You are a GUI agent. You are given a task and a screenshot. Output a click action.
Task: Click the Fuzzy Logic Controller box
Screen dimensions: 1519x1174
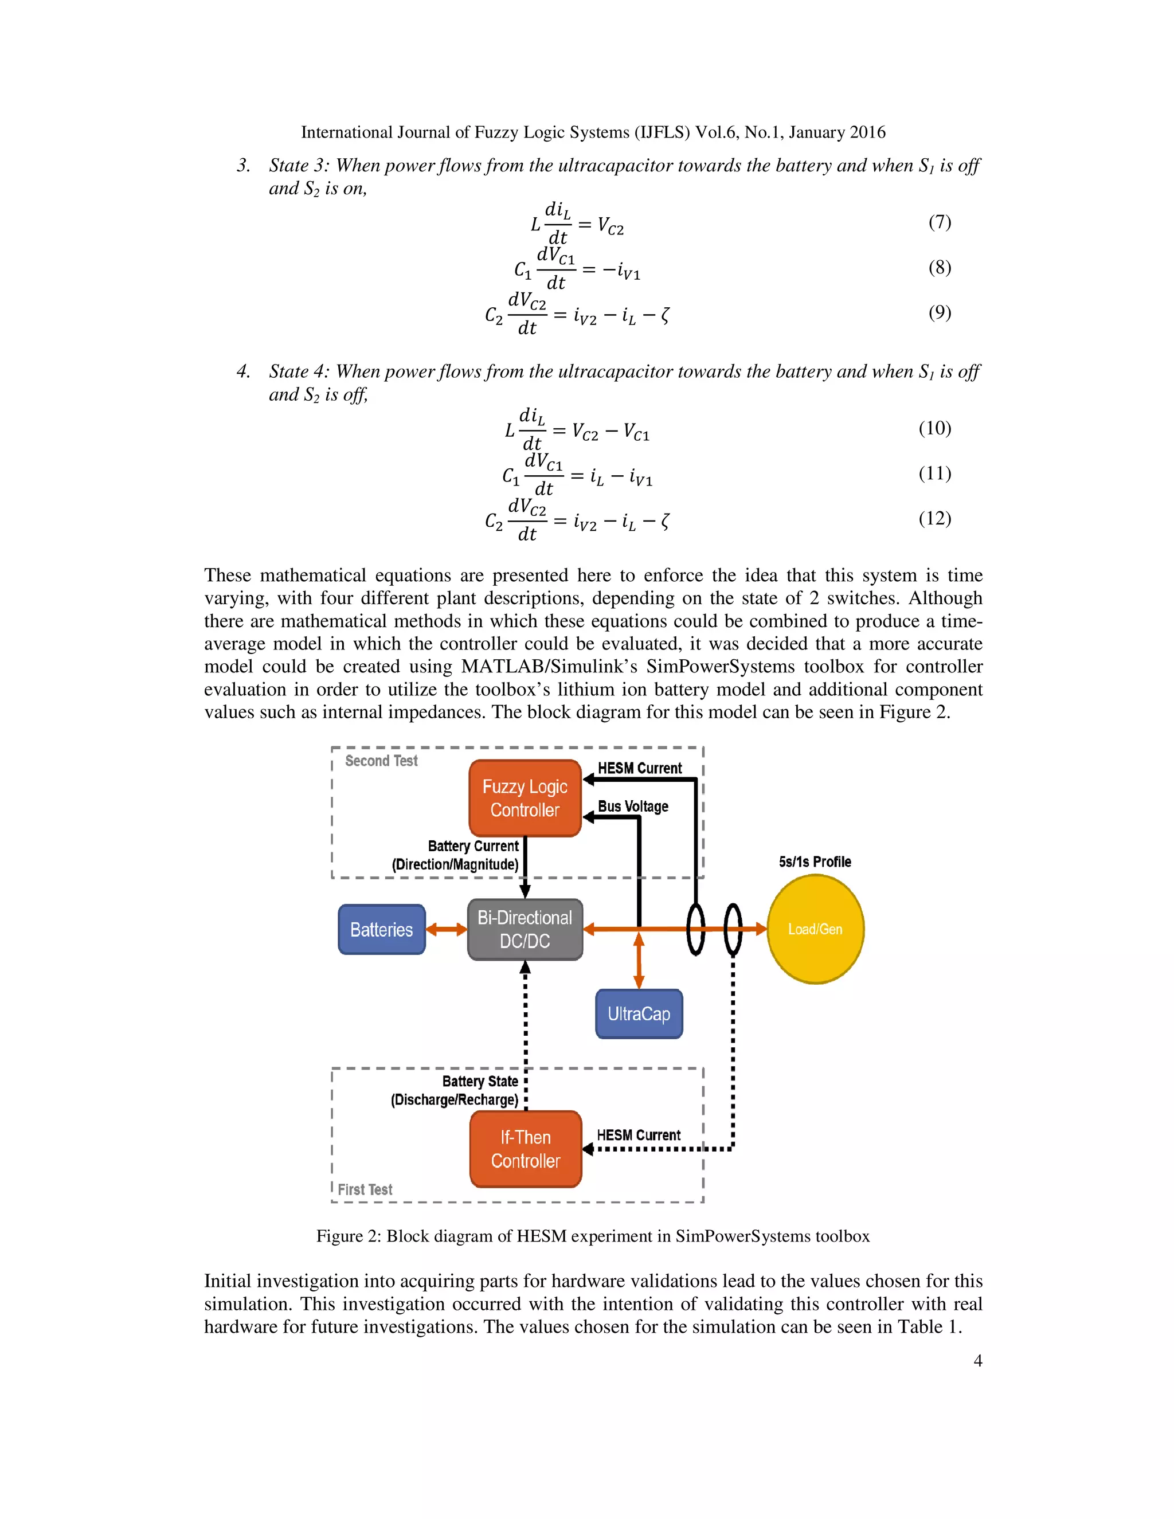(x=525, y=798)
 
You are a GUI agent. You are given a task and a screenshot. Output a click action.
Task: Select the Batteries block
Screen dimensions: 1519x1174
(x=381, y=929)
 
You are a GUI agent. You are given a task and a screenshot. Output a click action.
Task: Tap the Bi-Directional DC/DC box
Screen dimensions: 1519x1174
(x=525, y=929)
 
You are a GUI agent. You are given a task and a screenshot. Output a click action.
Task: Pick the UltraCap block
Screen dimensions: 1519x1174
(x=639, y=1013)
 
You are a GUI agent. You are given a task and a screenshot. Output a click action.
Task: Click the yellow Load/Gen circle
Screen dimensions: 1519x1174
(x=815, y=929)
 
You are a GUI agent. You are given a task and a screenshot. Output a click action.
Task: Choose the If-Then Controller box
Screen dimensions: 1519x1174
(x=525, y=1148)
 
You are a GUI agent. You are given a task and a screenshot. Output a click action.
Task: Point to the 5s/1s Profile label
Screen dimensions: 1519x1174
(x=815, y=862)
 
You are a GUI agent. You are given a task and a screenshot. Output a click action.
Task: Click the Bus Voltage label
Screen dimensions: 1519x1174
(x=633, y=806)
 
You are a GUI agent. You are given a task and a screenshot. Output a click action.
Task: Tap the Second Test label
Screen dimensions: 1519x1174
(x=381, y=761)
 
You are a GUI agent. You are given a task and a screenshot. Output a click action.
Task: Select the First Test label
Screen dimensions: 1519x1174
(x=365, y=1189)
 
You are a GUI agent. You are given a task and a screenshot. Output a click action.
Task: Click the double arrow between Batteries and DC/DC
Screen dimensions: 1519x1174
(x=446, y=929)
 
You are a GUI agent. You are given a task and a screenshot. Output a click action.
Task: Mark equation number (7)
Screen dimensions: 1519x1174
(x=940, y=222)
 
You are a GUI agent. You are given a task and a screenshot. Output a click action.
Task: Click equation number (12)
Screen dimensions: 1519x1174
(x=935, y=518)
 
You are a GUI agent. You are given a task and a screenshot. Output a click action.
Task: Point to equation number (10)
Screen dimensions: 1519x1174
(x=935, y=428)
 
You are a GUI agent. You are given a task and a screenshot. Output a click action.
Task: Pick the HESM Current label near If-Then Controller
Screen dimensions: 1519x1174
(x=639, y=1135)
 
